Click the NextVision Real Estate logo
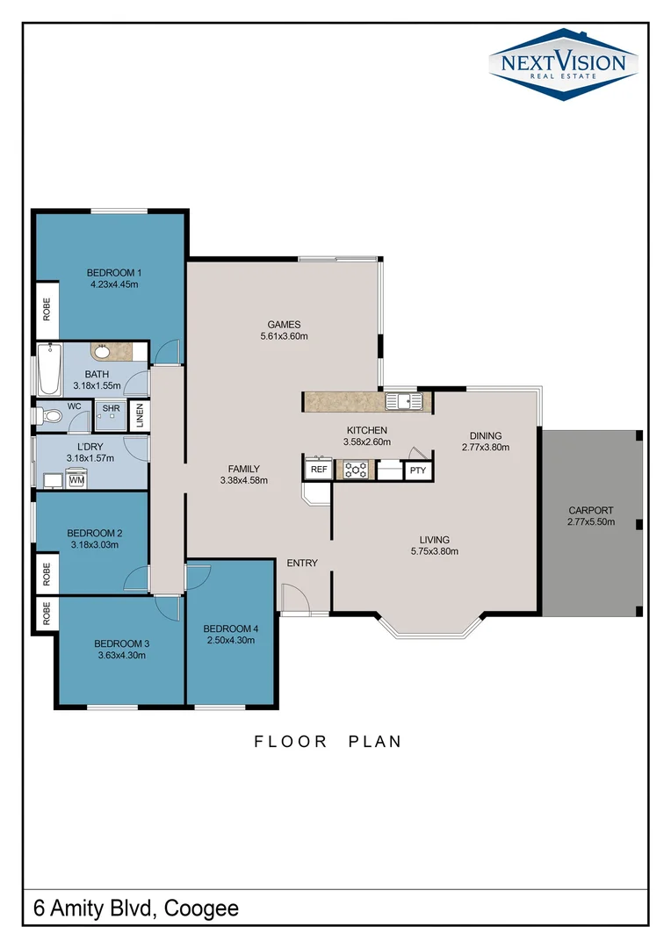[x=563, y=64]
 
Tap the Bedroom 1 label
[x=114, y=272]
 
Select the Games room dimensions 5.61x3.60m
[x=284, y=336]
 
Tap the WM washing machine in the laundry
[x=76, y=480]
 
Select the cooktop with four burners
[x=356, y=470]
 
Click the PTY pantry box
[x=417, y=470]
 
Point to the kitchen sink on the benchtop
[x=408, y=402]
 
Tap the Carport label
[x=591, y=510]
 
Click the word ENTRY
[x=302, y=563]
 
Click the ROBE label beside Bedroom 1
[x=47, y=310]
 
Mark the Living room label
[x=434, y=540]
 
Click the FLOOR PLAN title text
[x=328, y=742]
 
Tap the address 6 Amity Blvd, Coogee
[x=136, y=908]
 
